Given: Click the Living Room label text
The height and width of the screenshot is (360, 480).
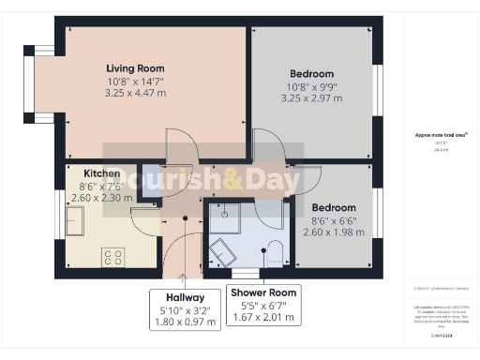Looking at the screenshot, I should pos(135,67).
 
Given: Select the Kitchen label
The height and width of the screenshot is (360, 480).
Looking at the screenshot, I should pos(101,173).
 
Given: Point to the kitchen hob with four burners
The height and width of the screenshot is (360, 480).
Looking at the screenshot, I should pos(113,254).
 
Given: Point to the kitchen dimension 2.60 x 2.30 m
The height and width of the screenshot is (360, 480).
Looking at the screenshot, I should pos(101,198).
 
